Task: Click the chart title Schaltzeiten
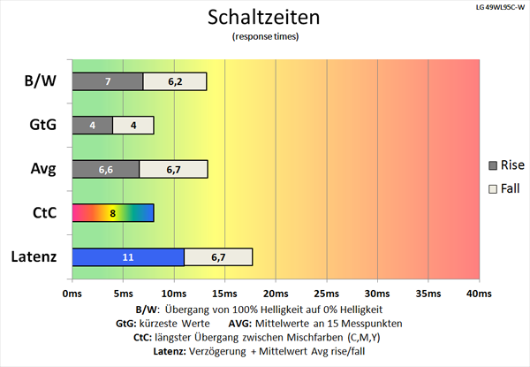265,18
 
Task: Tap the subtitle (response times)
265,37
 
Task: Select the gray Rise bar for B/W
107,81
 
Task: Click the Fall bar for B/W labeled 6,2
175,81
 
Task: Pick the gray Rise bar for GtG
92,125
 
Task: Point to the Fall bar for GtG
132,125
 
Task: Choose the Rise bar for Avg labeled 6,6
105,169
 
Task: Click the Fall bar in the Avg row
173,169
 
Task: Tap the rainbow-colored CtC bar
112,212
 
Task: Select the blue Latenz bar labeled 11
127,256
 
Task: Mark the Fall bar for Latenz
218,256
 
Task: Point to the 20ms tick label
276,293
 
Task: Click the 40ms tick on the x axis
479,293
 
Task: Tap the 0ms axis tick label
72,293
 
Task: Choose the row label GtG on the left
42,126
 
